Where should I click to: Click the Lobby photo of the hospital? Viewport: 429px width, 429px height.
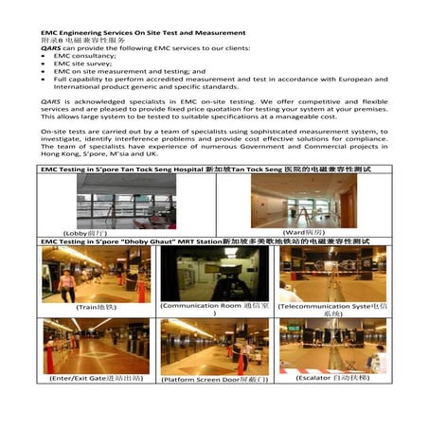pos(113,201)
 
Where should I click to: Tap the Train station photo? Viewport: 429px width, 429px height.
pos(82,274)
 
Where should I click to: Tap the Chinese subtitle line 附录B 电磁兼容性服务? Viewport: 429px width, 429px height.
pos(81,42)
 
